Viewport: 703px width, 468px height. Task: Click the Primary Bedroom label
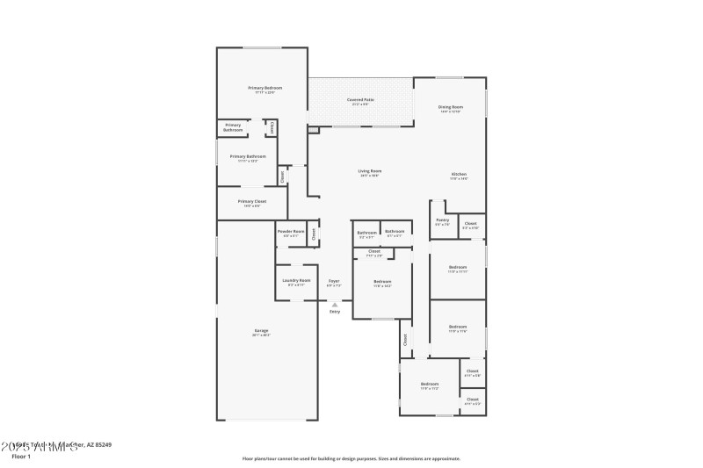[x=265, y=88]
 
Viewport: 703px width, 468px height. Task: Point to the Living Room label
[x=369, y=171]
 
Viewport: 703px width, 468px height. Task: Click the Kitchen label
[x=459, y=175]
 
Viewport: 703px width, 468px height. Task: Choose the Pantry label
[x=442, y=220]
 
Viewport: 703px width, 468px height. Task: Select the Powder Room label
[x=291, y=232]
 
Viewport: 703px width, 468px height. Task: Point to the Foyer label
[x=334, y=281]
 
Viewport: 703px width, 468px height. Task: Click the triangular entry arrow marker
[x=334, y=305]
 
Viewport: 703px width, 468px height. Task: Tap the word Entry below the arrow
[x=334, y=312]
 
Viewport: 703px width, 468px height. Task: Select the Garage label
[x=262, y=331]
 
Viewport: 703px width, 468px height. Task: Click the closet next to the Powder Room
[x=313, y=234]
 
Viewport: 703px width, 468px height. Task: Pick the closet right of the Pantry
[x=471, y=225]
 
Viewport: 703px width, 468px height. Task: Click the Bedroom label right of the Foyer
[x=382, y=282]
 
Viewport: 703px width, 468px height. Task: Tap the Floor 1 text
[x=21, y=457]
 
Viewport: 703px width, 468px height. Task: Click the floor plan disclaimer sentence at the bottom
[x=351, y=458]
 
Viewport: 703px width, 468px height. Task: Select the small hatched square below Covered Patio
[x=313, y=130]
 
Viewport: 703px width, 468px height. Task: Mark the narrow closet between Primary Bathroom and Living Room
[x=282, y=176]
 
